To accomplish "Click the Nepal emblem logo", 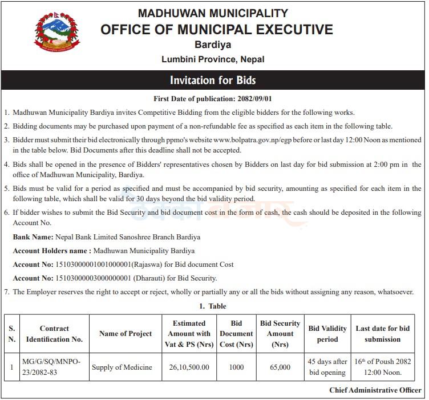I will click(58, 33).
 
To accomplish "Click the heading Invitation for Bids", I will click(213, 80).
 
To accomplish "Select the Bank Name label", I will click(33, 237).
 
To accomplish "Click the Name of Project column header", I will click(126, 334).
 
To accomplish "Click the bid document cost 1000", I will click(236, 367).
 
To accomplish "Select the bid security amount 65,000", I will click(280, 367).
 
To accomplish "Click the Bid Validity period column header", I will click(327, 334).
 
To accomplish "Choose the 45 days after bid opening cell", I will click(327, 367).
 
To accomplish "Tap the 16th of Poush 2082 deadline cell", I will click(383, 367).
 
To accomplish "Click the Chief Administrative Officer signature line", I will click(375, 390).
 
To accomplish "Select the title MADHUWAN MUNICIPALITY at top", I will click(213, 13).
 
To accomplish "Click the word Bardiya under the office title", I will click(213, 45).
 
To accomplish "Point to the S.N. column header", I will click(11, 334).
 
